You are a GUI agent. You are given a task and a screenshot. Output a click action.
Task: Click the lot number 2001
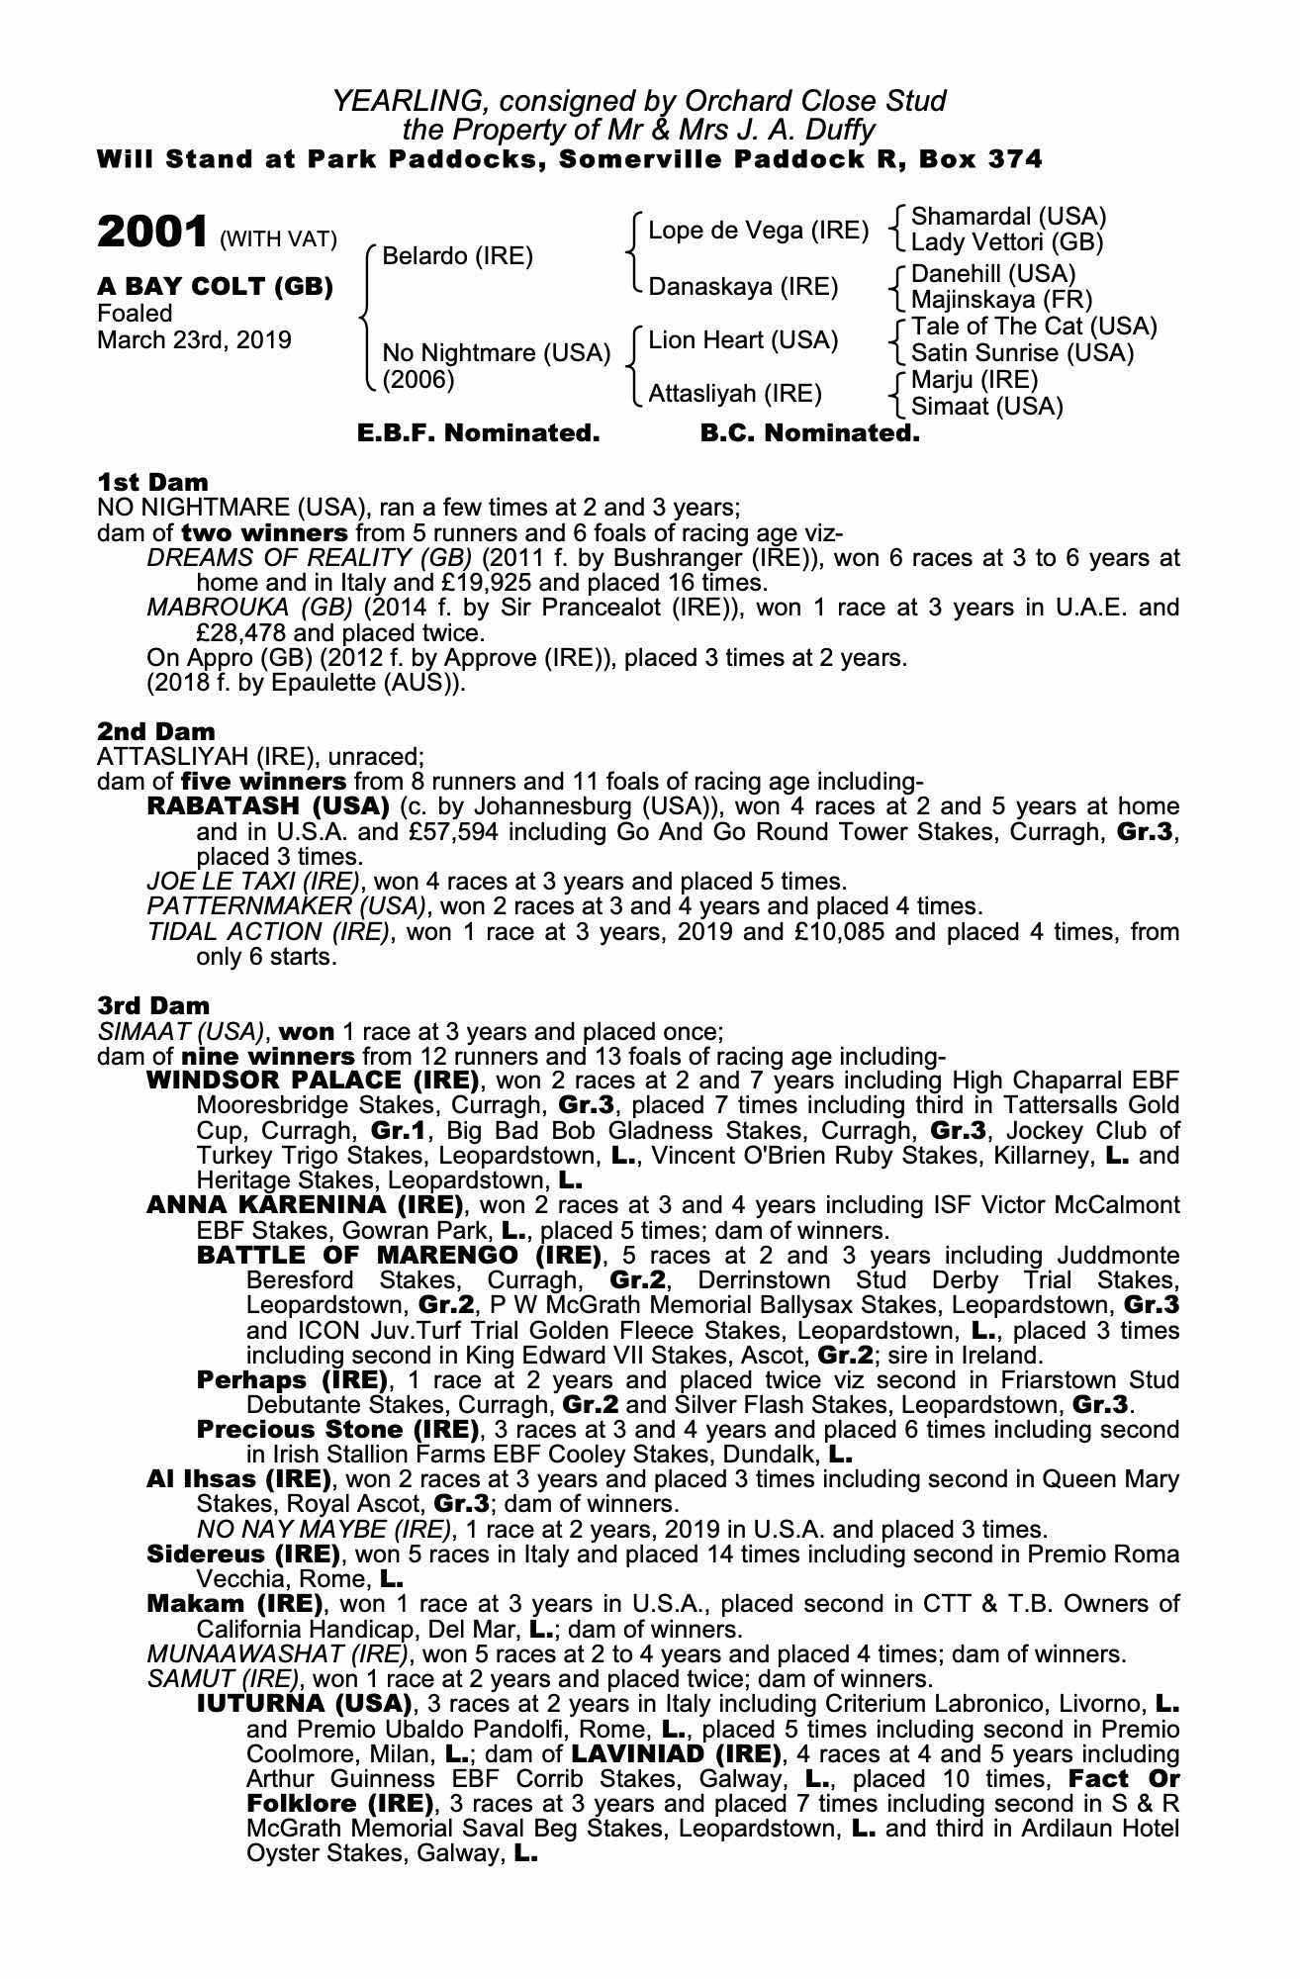point(151,233)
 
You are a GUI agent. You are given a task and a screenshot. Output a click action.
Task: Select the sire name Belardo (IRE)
point(457,256)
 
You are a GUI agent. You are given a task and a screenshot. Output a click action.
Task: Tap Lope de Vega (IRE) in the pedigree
point(758,231)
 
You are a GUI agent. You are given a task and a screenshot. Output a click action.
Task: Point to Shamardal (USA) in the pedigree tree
point(1008,216)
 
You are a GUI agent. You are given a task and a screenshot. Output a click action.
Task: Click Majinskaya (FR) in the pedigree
point(1000,299)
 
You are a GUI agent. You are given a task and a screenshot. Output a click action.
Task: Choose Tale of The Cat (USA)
point(1033,326)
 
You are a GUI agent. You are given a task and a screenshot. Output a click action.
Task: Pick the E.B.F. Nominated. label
point(478,433)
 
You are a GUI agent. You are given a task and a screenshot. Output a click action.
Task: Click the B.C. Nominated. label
point(809,433)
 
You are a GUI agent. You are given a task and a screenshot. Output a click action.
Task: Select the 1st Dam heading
point(152,482)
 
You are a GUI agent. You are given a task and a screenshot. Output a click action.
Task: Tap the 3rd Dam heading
point(152,1006)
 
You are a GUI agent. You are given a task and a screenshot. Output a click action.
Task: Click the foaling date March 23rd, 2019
point(194,340)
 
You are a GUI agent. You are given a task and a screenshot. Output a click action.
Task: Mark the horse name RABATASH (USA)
point(267,806)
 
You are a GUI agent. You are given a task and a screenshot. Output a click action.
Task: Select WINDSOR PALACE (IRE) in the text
point(313,1080)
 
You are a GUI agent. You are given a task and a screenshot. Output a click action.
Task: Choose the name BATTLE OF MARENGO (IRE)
point(399,1256)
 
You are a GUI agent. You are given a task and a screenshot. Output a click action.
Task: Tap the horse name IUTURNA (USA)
point(304,1704)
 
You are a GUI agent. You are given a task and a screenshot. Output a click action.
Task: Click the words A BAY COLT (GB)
point(215,287)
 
